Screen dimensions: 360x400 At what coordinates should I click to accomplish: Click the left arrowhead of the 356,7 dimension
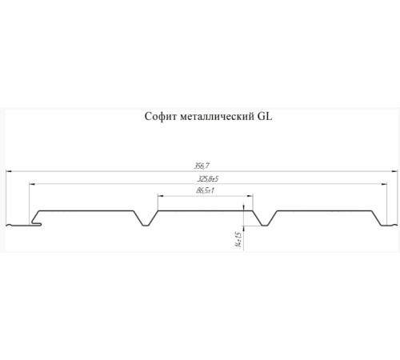10,171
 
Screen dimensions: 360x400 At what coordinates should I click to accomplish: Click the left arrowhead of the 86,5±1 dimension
160,195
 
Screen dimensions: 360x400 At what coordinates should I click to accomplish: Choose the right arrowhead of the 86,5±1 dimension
250,195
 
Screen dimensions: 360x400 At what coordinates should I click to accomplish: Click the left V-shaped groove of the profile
145,218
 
